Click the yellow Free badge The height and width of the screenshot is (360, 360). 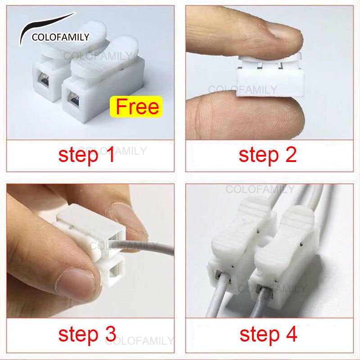coord(136,107)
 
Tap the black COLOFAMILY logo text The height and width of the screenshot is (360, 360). coord(60,37)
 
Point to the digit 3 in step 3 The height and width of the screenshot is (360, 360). coord(111,334)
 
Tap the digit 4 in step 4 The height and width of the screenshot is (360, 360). coord(292,334)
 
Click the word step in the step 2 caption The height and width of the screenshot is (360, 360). coord(258,156)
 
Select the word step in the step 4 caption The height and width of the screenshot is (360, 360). coord(260,335)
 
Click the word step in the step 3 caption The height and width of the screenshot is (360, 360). coord(78,335)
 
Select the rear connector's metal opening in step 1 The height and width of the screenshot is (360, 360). coord(42,78)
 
